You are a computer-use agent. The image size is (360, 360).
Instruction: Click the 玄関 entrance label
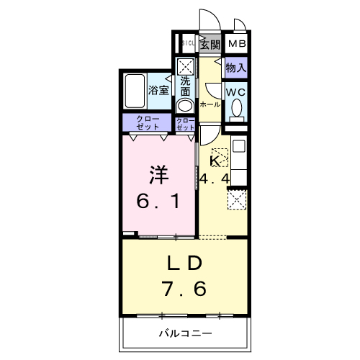pos(210,45)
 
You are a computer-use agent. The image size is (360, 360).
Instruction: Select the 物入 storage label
pos(236,68)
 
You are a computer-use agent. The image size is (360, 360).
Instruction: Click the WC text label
pos(236,92)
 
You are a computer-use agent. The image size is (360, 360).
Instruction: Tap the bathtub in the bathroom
pos(135,91)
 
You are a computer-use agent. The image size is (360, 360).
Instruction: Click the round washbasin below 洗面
pos(185,105)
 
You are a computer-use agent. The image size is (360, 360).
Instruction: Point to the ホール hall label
pos(210,104)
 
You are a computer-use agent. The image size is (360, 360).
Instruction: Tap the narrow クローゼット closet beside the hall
pos(185,122)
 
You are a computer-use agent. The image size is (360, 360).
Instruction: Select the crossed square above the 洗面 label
pos(185,67)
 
